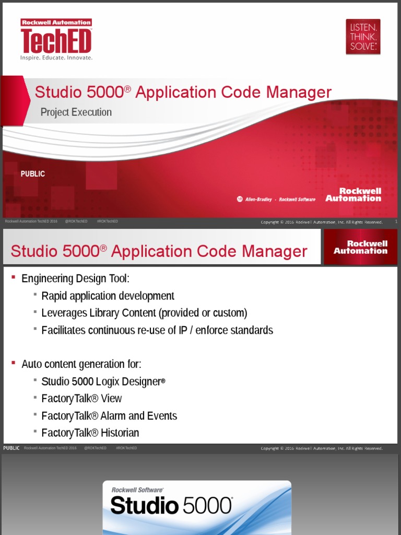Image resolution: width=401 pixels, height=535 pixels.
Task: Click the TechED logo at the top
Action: [x=56, y=40]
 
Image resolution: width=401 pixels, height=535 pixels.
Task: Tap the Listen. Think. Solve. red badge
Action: [x=363, y=37]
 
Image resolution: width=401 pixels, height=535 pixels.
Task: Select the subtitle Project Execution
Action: [x=76, y=112]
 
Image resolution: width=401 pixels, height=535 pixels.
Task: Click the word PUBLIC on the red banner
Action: [x=33, y=174]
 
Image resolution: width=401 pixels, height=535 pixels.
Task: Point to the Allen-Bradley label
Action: [x=258, y=200]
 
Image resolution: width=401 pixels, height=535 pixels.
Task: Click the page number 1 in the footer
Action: [x=396, y=222]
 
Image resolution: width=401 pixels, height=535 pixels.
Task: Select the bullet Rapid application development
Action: [x=108, y=296]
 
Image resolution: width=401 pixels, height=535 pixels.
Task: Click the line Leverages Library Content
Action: [x=144, y=313]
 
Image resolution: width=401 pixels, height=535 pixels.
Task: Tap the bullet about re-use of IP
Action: [x=157, y=330]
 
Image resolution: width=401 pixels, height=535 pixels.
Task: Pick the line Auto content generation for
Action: [x=81, y=364]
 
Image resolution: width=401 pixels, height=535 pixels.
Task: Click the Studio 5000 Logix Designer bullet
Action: [x=103, y=381]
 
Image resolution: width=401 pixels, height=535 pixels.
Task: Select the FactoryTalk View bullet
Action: [x=81, y=399]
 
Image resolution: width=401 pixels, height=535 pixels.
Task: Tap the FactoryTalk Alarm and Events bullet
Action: [x=109, y=416]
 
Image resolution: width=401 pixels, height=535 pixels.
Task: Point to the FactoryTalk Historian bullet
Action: [x=90, y=433]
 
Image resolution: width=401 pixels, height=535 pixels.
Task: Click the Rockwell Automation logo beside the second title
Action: [x=360, y=247]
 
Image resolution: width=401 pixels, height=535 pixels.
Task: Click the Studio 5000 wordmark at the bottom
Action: [x=171, y=506]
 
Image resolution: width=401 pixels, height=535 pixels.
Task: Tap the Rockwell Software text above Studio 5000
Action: [x=137, y=490]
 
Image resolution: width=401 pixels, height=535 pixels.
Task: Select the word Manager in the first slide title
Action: [x=299, y=92]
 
